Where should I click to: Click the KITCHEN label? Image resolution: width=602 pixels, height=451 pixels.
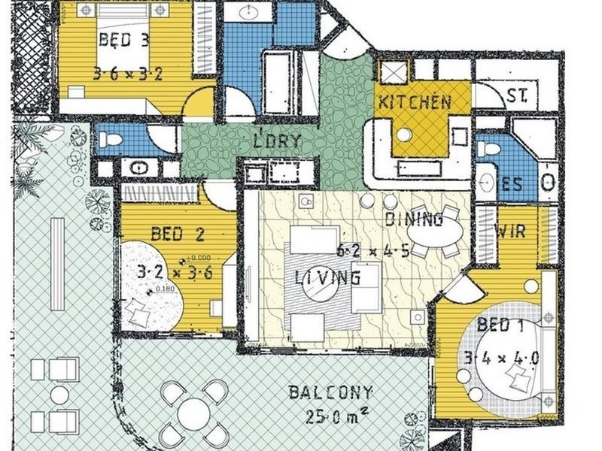415,102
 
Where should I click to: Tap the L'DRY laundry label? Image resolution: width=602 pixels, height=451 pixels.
277,141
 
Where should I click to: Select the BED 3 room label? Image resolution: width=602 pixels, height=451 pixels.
124,41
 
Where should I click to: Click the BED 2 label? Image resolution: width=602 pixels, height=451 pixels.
178,235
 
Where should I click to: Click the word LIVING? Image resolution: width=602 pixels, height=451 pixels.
327,278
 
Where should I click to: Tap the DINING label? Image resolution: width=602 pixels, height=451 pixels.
413,220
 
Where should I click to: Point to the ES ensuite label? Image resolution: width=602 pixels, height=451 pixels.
512,184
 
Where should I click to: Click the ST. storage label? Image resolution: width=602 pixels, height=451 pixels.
517,97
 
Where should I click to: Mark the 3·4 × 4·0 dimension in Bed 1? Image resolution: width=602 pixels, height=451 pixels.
502,357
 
